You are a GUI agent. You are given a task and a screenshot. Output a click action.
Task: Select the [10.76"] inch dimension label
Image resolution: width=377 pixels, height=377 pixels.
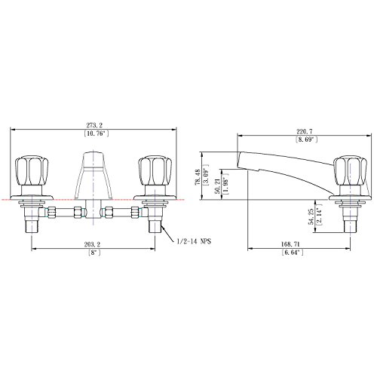pos(97,133)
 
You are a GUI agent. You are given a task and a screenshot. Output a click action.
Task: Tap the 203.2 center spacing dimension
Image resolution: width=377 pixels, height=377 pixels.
pos(92,244)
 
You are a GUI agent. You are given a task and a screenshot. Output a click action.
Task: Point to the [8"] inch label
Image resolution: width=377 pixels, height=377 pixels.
pos(94,253)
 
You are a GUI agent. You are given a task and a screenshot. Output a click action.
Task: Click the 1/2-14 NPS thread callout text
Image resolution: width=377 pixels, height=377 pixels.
pos(194,241)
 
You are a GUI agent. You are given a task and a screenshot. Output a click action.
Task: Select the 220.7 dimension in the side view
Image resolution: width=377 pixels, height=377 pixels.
pos(305,131)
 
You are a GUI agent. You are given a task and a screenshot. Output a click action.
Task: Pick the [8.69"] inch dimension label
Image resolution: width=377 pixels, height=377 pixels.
pos(306,139)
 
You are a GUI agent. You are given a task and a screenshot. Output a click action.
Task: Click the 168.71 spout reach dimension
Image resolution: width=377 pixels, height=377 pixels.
pos(290,244)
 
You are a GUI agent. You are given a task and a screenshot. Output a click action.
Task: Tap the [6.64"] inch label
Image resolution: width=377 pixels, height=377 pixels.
pos(293,253)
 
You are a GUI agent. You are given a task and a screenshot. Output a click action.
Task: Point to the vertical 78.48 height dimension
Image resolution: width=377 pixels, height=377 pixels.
pos(198,177)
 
